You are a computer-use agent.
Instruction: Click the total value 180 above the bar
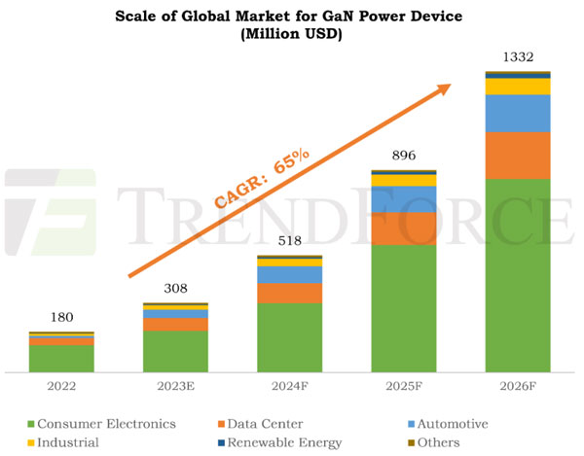click(60, 317)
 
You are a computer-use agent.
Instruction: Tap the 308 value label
click(175, 289)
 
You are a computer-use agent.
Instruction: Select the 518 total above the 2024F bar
click(289, 242)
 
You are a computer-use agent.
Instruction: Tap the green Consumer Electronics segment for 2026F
click(517, 275)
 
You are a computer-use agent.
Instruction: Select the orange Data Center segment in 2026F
click(517, 155)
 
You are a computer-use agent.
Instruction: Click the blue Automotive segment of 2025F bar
click(403, 198)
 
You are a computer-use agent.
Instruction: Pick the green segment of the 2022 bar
click(60, 359)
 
